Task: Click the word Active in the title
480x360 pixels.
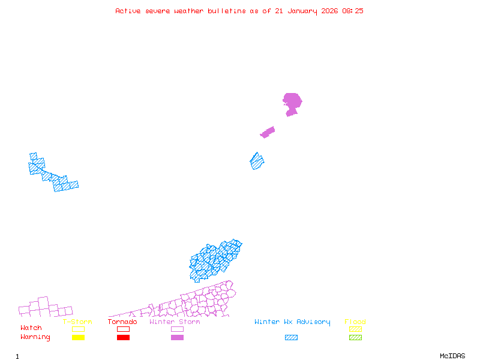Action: [x=128, y=11]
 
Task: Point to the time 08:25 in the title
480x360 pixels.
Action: [x=353, y=11]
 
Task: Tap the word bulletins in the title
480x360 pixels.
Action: [x=227, y=11]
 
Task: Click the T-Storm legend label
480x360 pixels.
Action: [x=77, y=322]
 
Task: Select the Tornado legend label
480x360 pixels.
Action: [x=122, y=322]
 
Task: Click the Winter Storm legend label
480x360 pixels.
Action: [x=175, y=322]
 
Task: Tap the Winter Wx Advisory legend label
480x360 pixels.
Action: [x=292, y=322]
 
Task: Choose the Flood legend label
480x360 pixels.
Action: [x=355, y=322]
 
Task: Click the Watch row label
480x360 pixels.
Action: [x=31, y=328]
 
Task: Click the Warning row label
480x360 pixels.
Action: [x=35, y=337]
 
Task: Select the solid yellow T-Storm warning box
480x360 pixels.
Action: [x=78, y=337]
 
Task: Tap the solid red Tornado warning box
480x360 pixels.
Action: [x=123, y=337]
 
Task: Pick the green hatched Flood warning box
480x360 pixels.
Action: [x=355, y=337]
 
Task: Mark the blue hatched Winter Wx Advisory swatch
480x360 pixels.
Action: [x=291, y=337]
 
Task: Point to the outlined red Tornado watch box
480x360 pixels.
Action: [x=123, y=329]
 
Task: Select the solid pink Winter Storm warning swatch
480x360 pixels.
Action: [x=177, y=337]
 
